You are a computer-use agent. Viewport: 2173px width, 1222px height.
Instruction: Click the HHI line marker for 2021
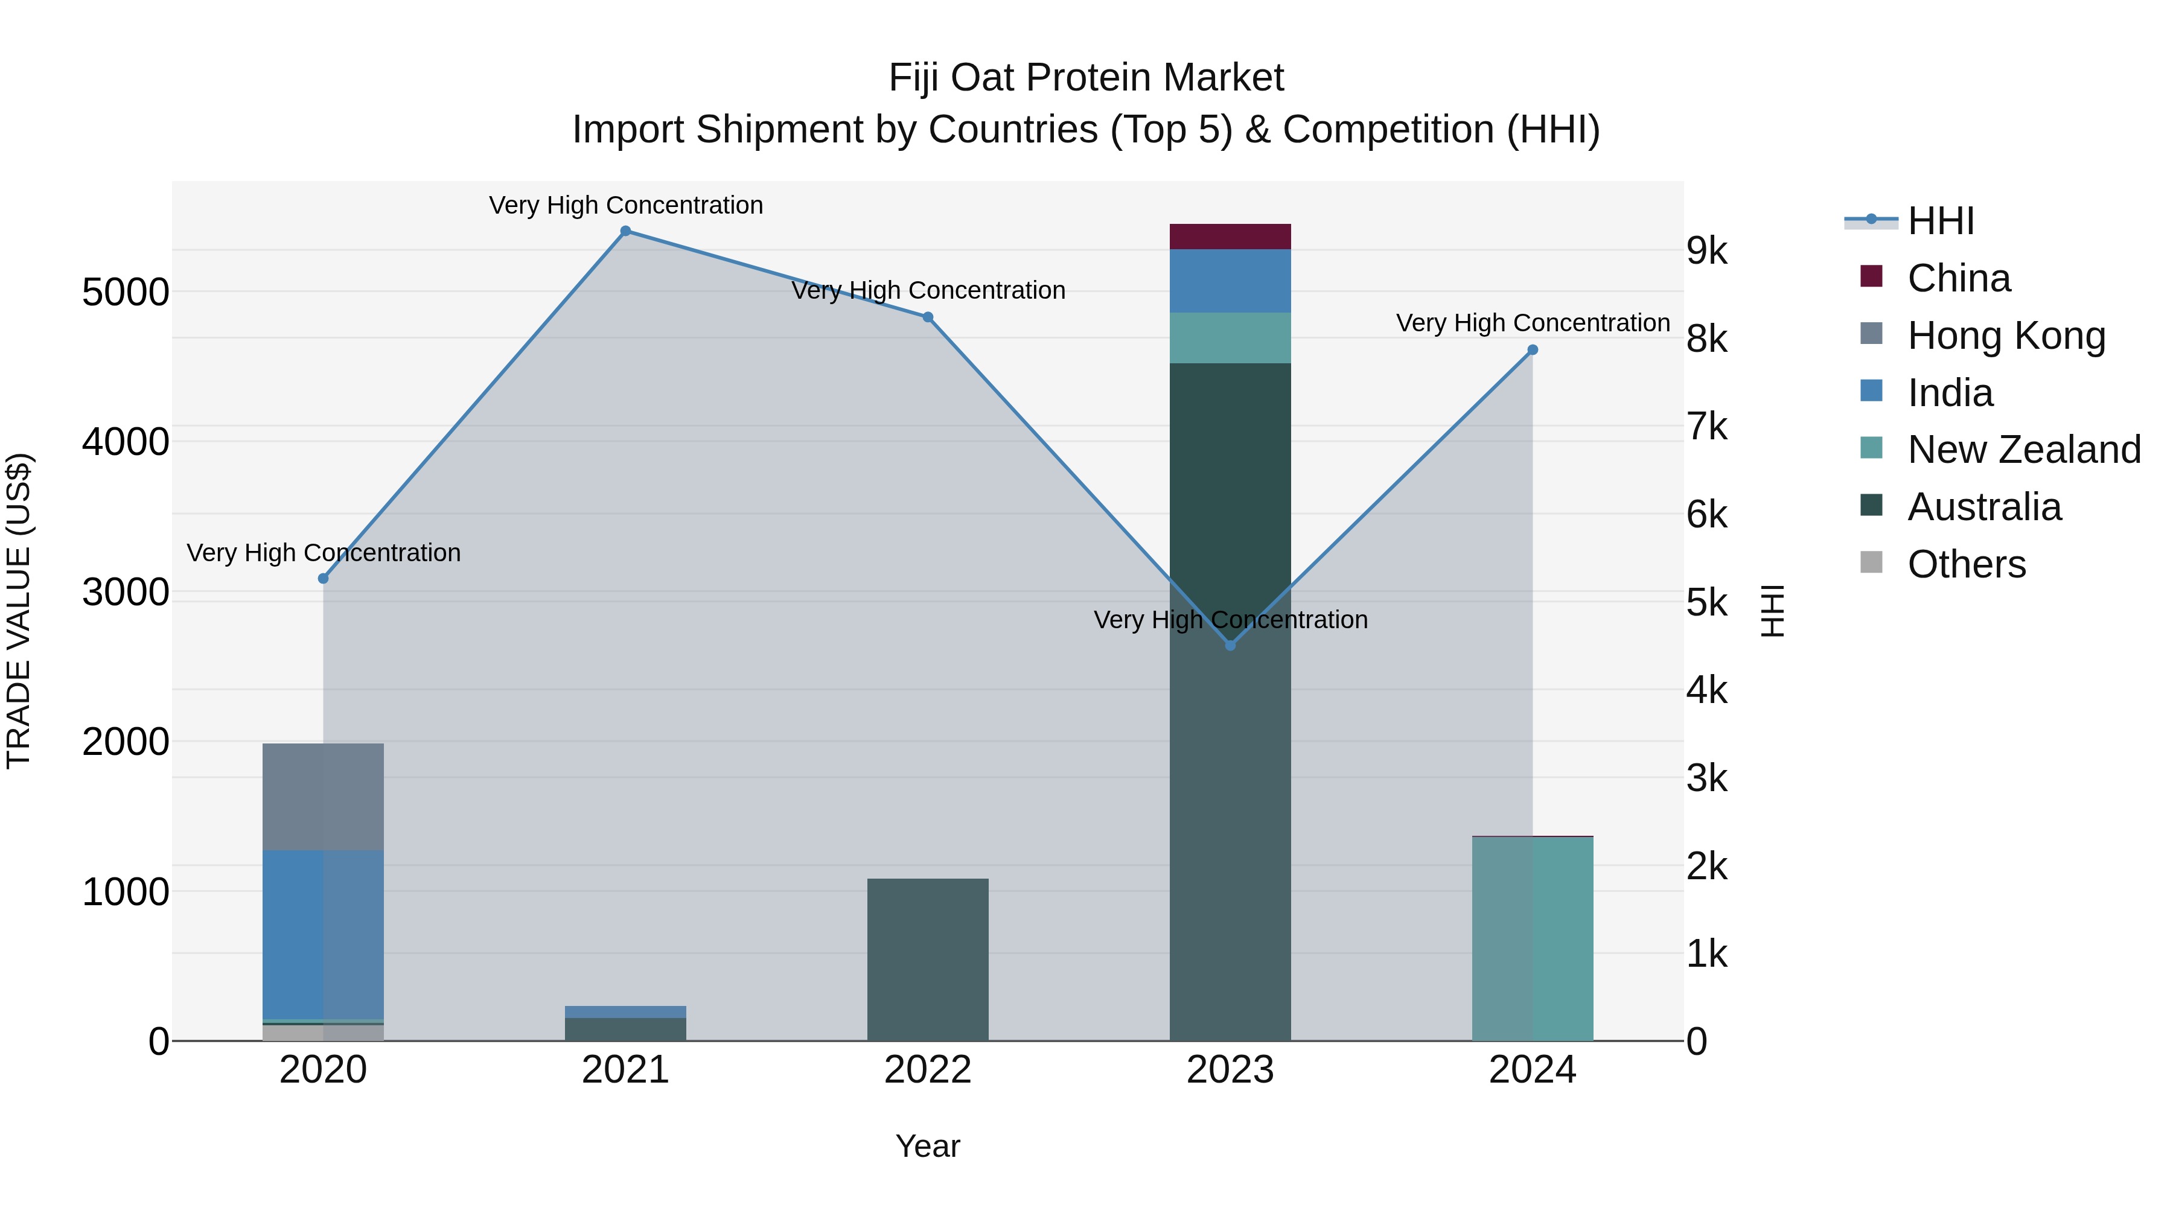tap(625, 231)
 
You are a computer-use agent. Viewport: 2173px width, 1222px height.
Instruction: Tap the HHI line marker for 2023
tap(1230, 645)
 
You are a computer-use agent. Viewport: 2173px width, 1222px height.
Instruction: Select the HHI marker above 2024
tap(1533, 350)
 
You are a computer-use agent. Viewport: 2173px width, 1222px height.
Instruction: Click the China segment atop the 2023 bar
tap(1230, 237)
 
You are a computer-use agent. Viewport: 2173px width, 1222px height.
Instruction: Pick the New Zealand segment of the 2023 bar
tap(1230, 338)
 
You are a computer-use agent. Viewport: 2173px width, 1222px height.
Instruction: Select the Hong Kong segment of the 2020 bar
tap(323, 797)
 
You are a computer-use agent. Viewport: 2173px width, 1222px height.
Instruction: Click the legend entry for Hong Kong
tap(2006, 336)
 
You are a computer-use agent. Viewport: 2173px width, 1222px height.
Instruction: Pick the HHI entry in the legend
tap(1940, 221)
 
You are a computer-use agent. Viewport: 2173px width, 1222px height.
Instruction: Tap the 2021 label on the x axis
tap(625, 1070)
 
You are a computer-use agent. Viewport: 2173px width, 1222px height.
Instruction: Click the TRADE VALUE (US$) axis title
tap(19, 611)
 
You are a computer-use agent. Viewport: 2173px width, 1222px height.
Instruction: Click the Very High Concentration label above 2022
tap(928, 290)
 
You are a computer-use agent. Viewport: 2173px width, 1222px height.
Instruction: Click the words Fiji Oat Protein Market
tap(1086, 78)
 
